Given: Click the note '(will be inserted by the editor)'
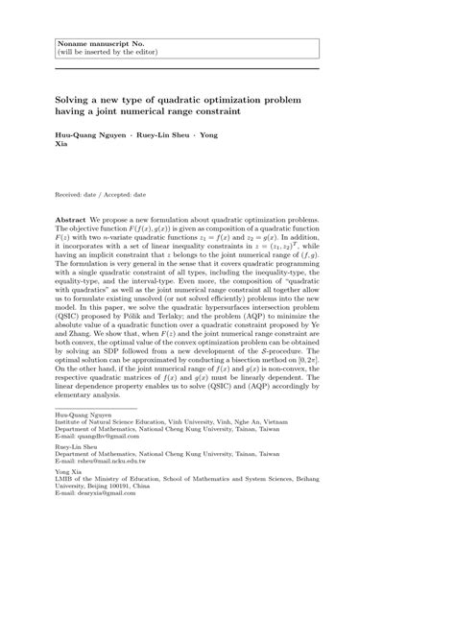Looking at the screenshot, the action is click(107, 52).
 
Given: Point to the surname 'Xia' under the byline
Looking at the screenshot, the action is click(62, 146).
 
